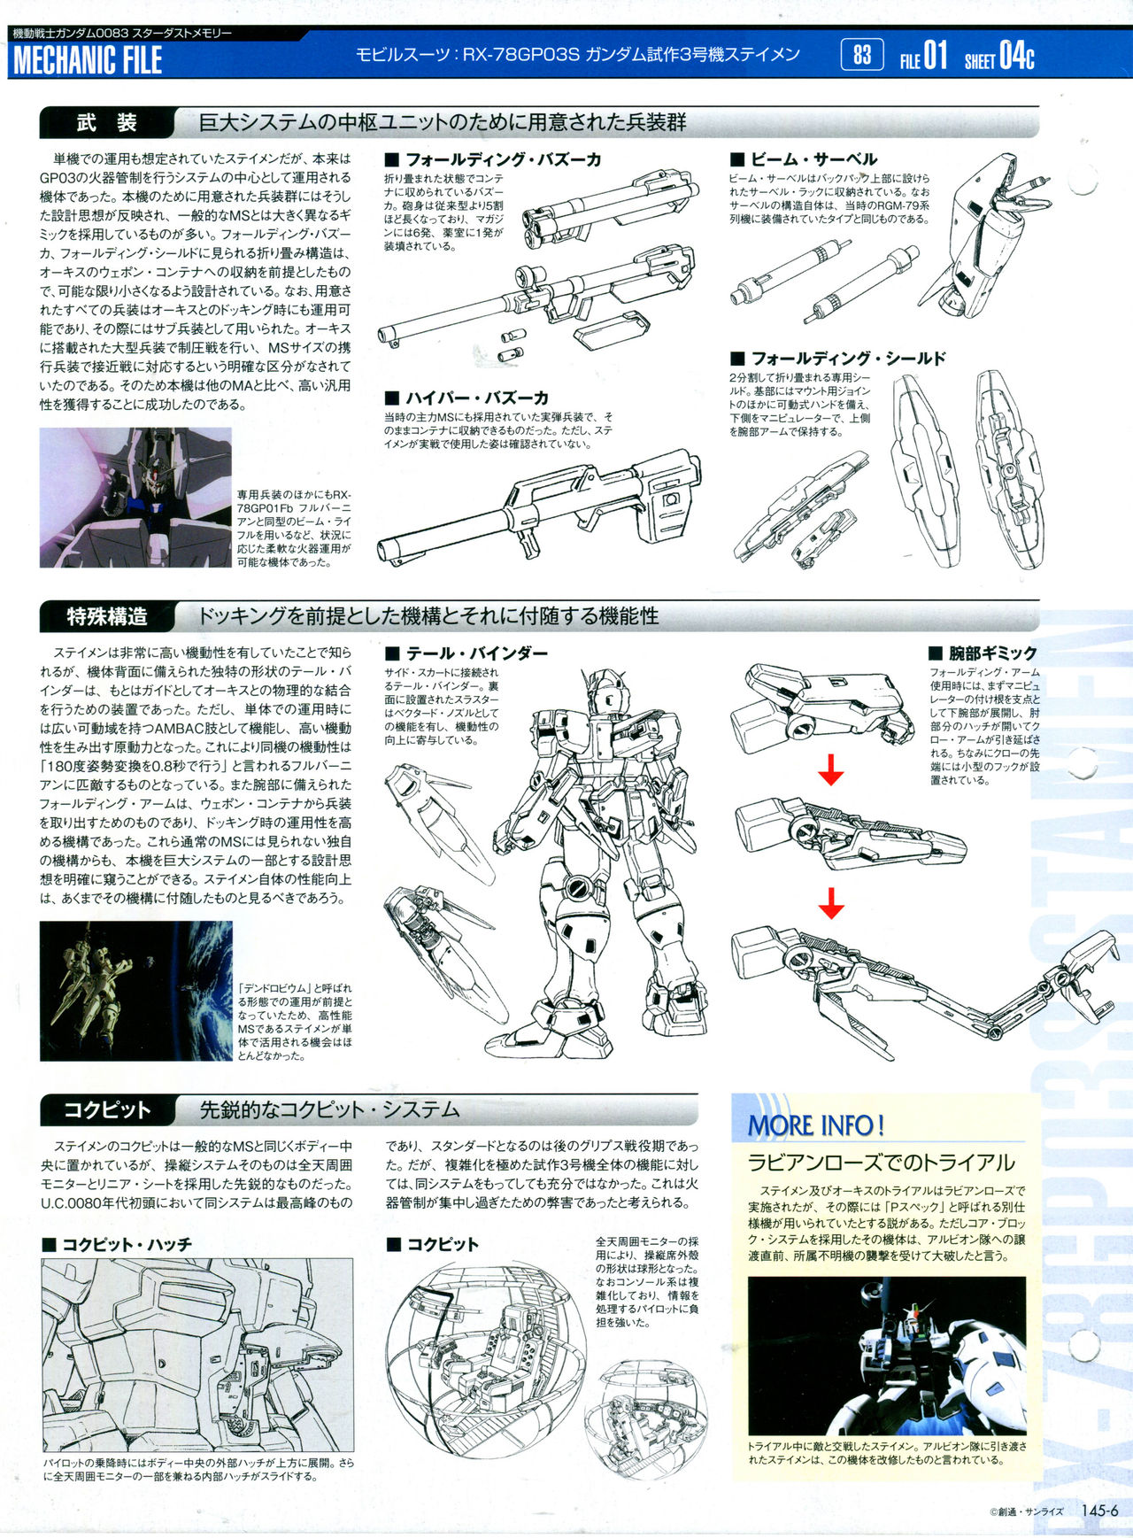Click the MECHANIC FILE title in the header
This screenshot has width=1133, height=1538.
[x=88, y=60]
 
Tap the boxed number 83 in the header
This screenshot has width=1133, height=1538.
[x=862, y=55]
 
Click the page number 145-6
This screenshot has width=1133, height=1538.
[x=1099, y=1511]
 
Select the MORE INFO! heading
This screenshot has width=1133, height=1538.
[x=816, y=1125]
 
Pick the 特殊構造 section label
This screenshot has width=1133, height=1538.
[x=106, y=615]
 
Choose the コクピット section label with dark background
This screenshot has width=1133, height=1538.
[x=106, y=1109]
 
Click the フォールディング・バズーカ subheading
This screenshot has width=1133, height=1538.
[x=493, y=159]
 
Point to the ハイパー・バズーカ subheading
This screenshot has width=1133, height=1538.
[x=466, y=398]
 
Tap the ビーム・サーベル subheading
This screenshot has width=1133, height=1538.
[x=804, y=159]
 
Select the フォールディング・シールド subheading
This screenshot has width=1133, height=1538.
[x=838, y=358]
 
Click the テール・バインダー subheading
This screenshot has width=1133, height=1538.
[x=466, y=653]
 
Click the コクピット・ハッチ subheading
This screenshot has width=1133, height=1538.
[x=117, y=1244]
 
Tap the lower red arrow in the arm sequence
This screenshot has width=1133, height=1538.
[x=830, y=903]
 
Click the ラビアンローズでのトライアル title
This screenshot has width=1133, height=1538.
[x=881, y=1163]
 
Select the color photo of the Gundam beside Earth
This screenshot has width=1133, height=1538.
[x=136, y=991]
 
